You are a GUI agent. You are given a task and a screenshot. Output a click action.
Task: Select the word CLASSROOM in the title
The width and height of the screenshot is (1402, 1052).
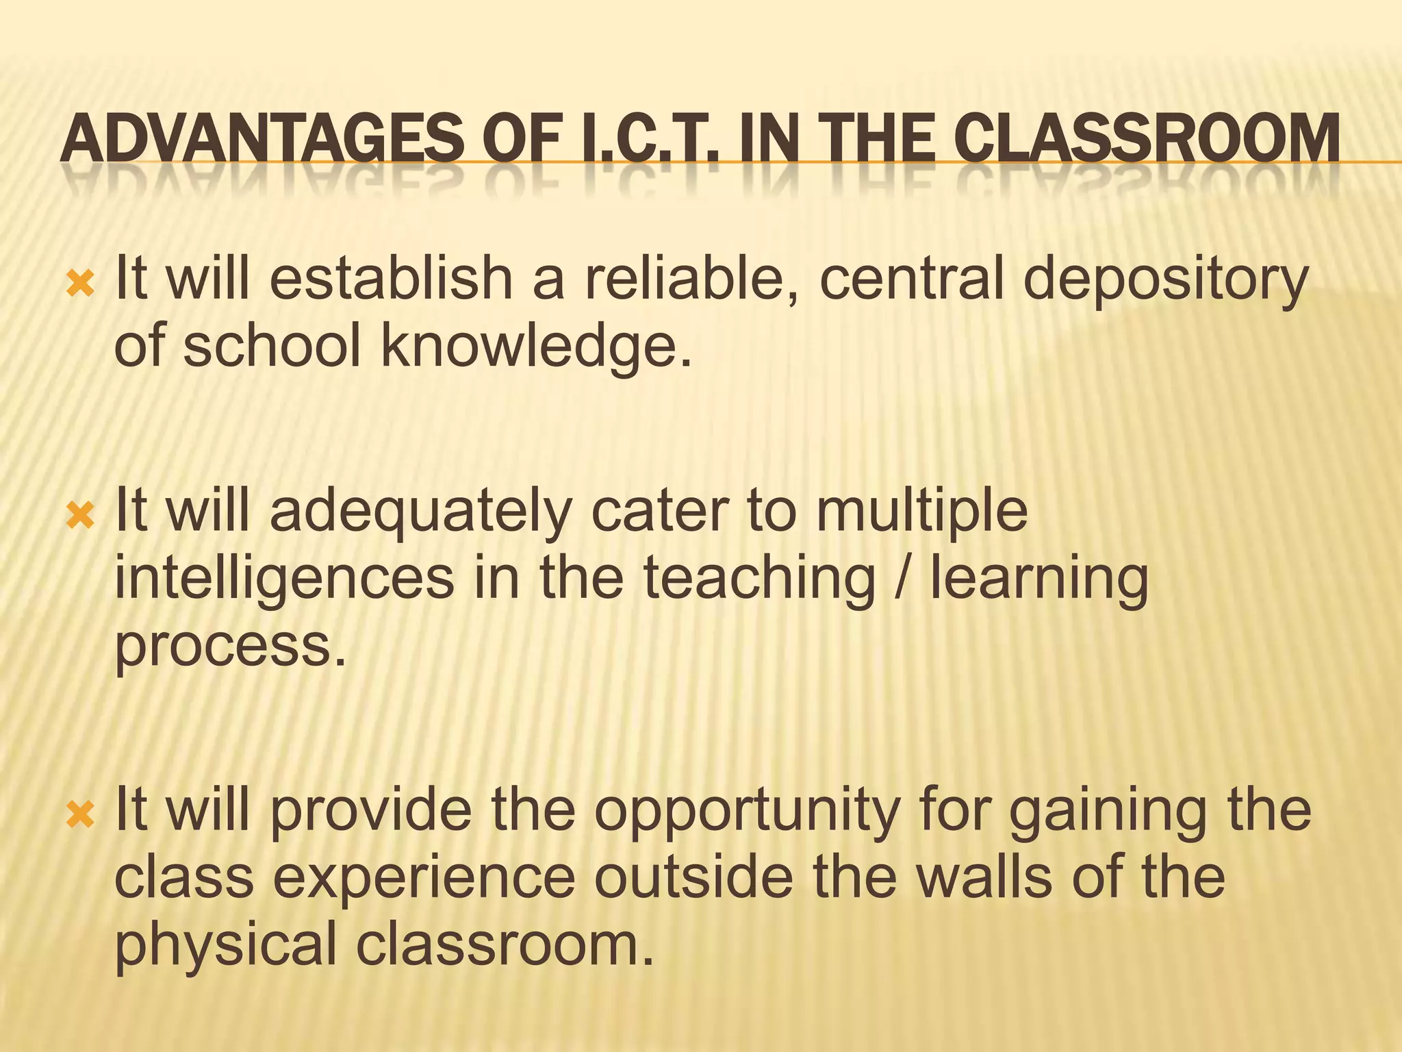[1147, 139]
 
